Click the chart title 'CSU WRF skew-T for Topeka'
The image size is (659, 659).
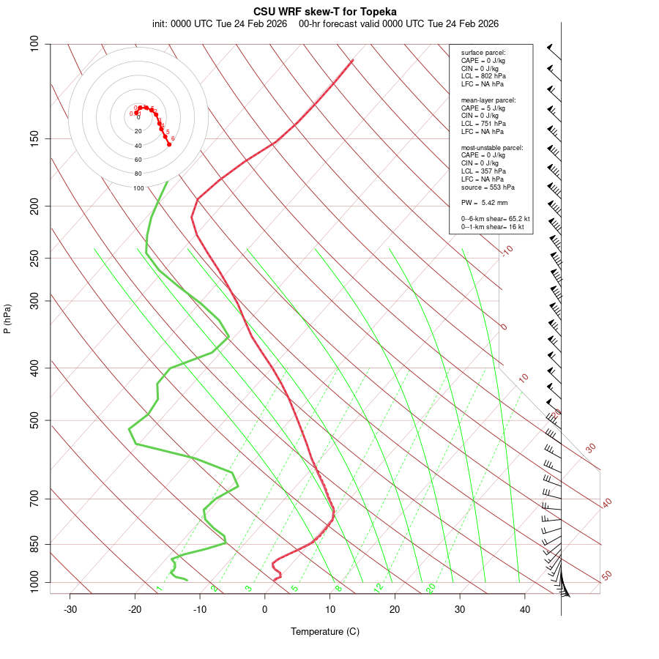click(x=325, y=12)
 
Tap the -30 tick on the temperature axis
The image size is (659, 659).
click(x=70, y=609)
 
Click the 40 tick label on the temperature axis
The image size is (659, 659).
click(x=525, y=609)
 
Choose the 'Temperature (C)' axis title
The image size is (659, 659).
click(x=325, y=631)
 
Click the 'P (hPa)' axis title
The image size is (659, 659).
click(x=7, y=319)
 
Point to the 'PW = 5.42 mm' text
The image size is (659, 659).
click(x=484, y=202)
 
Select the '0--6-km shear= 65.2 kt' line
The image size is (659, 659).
click(x=495, y=219)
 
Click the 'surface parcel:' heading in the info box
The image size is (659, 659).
click(x=483, y=53)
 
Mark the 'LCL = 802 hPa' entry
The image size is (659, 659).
click(x=483, y=76)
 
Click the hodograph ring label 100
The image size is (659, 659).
click(x=138, y=188)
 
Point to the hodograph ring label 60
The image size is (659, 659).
click(x=138, y=160)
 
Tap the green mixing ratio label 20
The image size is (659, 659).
click(x=431, y=587)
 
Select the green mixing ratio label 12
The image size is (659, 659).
click(x=379, y=587)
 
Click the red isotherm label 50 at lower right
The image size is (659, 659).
click(x=606, y=576)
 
